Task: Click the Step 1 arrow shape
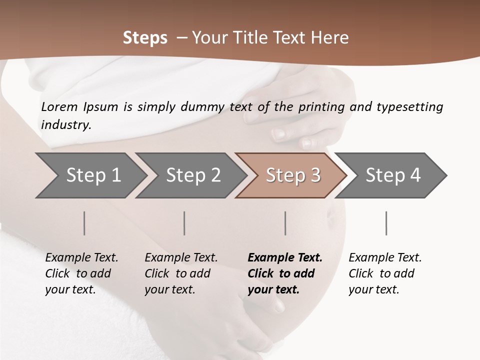[90, 175]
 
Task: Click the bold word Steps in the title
[145, 38]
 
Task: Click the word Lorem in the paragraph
[59, 107]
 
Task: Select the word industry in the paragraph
[66, 125]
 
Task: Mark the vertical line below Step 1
[84, 223]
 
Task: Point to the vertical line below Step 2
[184, 223]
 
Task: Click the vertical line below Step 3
[285, 223]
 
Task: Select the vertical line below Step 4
[386, 223]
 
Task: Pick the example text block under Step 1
[81, 273]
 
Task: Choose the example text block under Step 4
[385, 273]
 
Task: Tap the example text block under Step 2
[181, 273]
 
